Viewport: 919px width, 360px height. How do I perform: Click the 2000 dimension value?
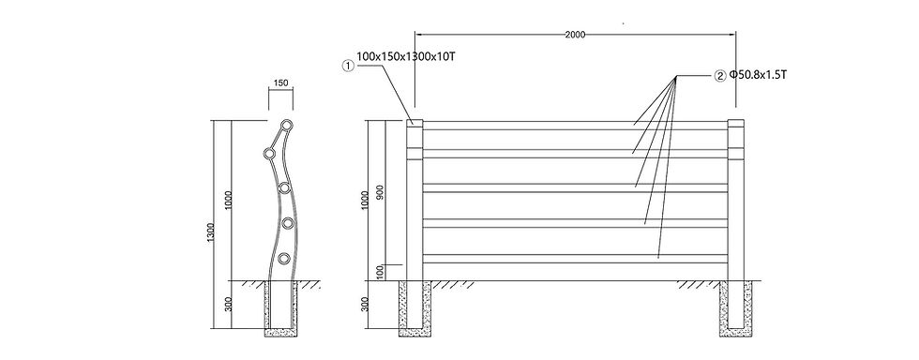coord(575,35)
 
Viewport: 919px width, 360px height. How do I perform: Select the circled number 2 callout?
coord(720,76)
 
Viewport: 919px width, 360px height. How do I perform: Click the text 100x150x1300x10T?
coord(405,57)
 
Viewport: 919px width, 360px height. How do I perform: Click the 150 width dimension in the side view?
coord(280,83)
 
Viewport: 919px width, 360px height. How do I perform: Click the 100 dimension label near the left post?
coord(379,272)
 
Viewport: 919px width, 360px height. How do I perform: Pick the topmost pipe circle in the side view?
coord(287,125)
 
